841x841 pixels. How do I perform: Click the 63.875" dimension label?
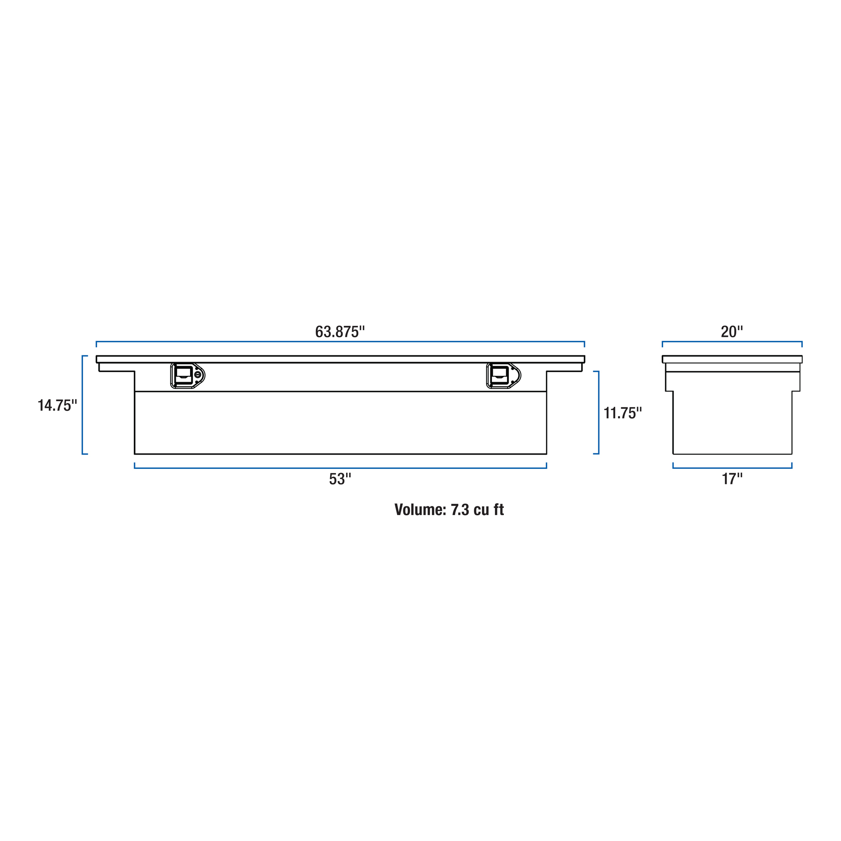point(339,332)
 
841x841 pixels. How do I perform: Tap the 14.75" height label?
point(57,405)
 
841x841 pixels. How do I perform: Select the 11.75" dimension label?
point(622,413)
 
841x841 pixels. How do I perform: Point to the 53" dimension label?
point(340,479)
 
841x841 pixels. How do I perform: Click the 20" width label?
point(732,332)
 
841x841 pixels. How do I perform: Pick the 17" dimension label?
point(732,479)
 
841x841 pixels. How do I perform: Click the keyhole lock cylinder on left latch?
point(198,375)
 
